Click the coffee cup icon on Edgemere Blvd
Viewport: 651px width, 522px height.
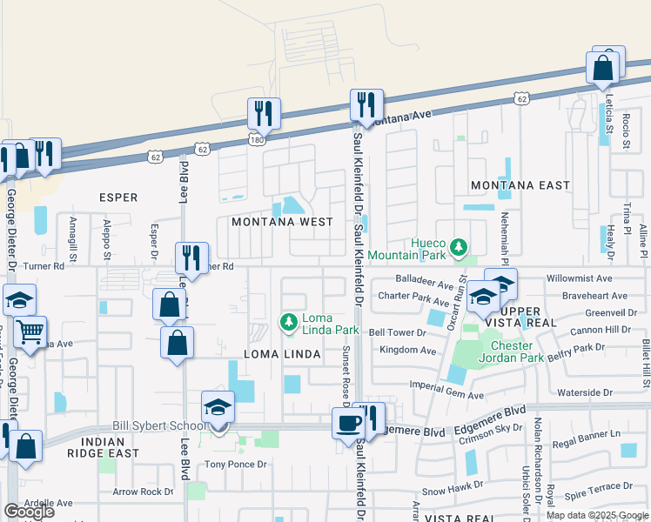click(x=350, y=424)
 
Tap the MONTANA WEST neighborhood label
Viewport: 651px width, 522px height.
click(x=282, y=222)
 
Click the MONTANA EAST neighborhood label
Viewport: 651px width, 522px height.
click(x=520, y=185)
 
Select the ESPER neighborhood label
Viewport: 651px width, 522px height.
click(x=118, y=197)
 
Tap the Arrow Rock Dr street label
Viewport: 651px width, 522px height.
click(x=144, y=492)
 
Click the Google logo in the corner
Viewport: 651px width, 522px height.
click(x=29, y=512)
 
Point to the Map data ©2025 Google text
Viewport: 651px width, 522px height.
click(x=598, y=514)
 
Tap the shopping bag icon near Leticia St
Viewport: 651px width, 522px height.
click(x=602, y=67)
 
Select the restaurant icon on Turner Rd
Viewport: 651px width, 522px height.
click(x=191, y=258)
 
